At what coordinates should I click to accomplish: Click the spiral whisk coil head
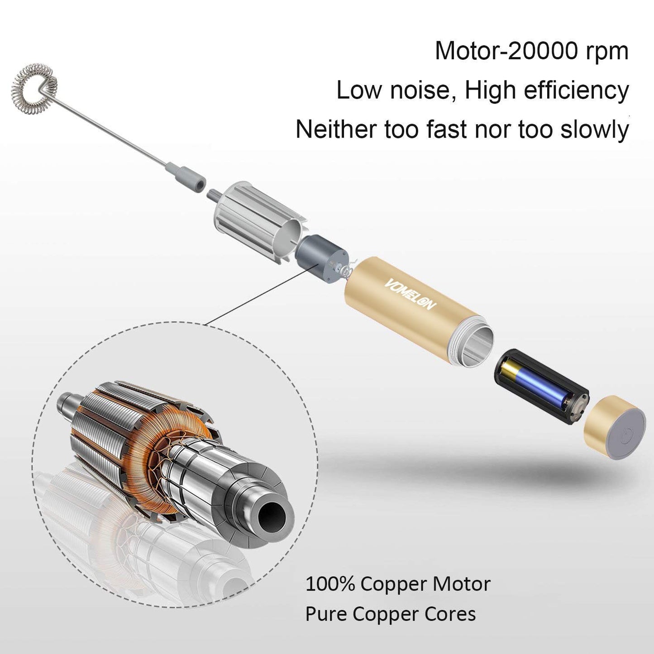click(x=34, y=87)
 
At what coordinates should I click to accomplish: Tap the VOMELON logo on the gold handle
click(x=410, y=294)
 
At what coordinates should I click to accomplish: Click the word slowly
click(x=594, y=130)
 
